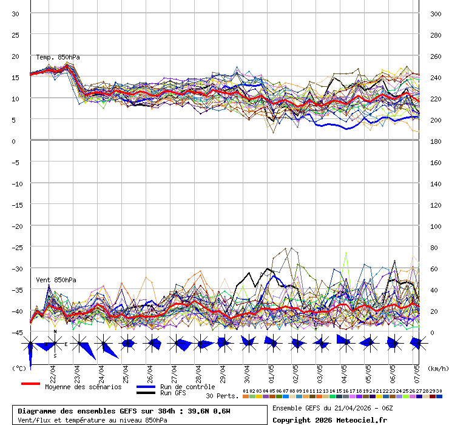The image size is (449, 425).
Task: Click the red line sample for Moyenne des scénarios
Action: coord(30,384)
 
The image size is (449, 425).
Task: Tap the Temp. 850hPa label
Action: coord(58,58)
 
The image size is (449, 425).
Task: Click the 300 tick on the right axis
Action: coord(435,14)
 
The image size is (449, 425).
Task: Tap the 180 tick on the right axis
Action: coord(435,141)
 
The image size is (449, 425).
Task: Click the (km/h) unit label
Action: coord(437,369)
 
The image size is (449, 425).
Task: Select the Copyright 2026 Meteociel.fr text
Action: coord(329,420)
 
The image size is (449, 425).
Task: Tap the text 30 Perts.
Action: coord(222,396)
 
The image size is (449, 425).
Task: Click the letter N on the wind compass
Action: coord(55,332)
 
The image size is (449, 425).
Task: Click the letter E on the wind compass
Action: coord(66,344)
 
